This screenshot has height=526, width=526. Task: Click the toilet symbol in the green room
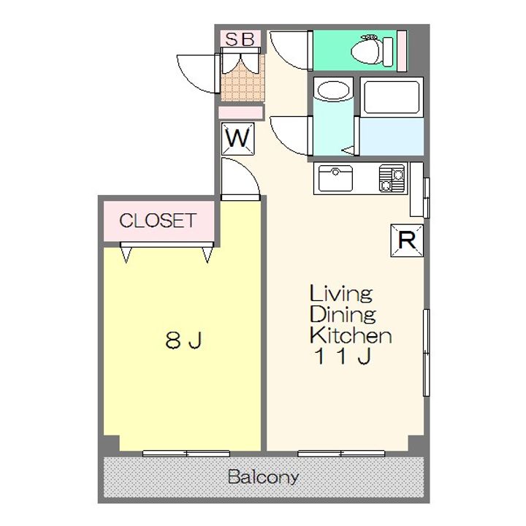coord(372,50)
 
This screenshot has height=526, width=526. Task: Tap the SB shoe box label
coord(240,39)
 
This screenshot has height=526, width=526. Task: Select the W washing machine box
coord(238,139)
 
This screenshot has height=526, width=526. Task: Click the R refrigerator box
coord(407,240)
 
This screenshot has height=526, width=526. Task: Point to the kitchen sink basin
coord(335,178)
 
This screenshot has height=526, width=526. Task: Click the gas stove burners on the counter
coord(392,178)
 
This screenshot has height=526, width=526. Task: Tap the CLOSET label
coord(158,221)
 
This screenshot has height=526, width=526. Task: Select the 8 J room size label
coord(183,340)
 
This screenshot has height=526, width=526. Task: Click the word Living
coord(341,293)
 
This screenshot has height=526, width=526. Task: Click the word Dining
coord(343,314)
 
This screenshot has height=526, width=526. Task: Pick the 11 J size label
coord(343,356)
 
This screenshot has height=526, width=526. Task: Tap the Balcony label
coord(263,476)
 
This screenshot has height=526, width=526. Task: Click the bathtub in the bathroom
coord(392,96)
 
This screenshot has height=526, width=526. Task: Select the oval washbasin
coord(334,91)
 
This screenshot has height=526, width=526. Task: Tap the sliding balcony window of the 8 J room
coord(186,453)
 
